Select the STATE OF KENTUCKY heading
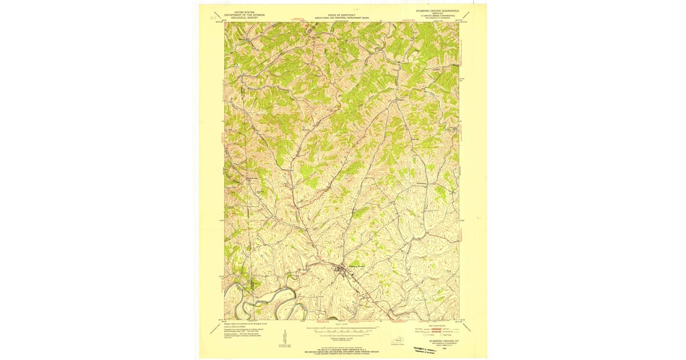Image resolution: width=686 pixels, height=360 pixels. click(x=341, y=15)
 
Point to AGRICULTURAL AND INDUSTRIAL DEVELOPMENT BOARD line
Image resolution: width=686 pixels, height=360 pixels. click(x=341, y=18)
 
